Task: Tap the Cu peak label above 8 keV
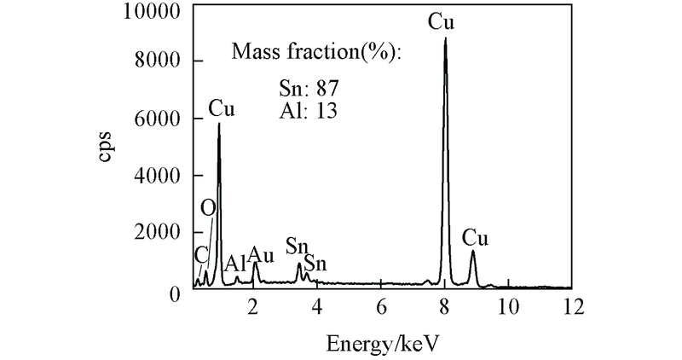click(x=441, y=22)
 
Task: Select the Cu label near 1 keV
click(x=222, y=109)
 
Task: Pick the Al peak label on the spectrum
click(x=235, y=263)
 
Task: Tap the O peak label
click(x=207, y=208)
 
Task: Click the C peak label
click(x=201, y=254)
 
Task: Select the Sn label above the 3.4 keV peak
click(x=297, y=247)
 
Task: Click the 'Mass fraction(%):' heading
click(x=316, y=53)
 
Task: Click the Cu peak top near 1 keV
click(x=219, y=125)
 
